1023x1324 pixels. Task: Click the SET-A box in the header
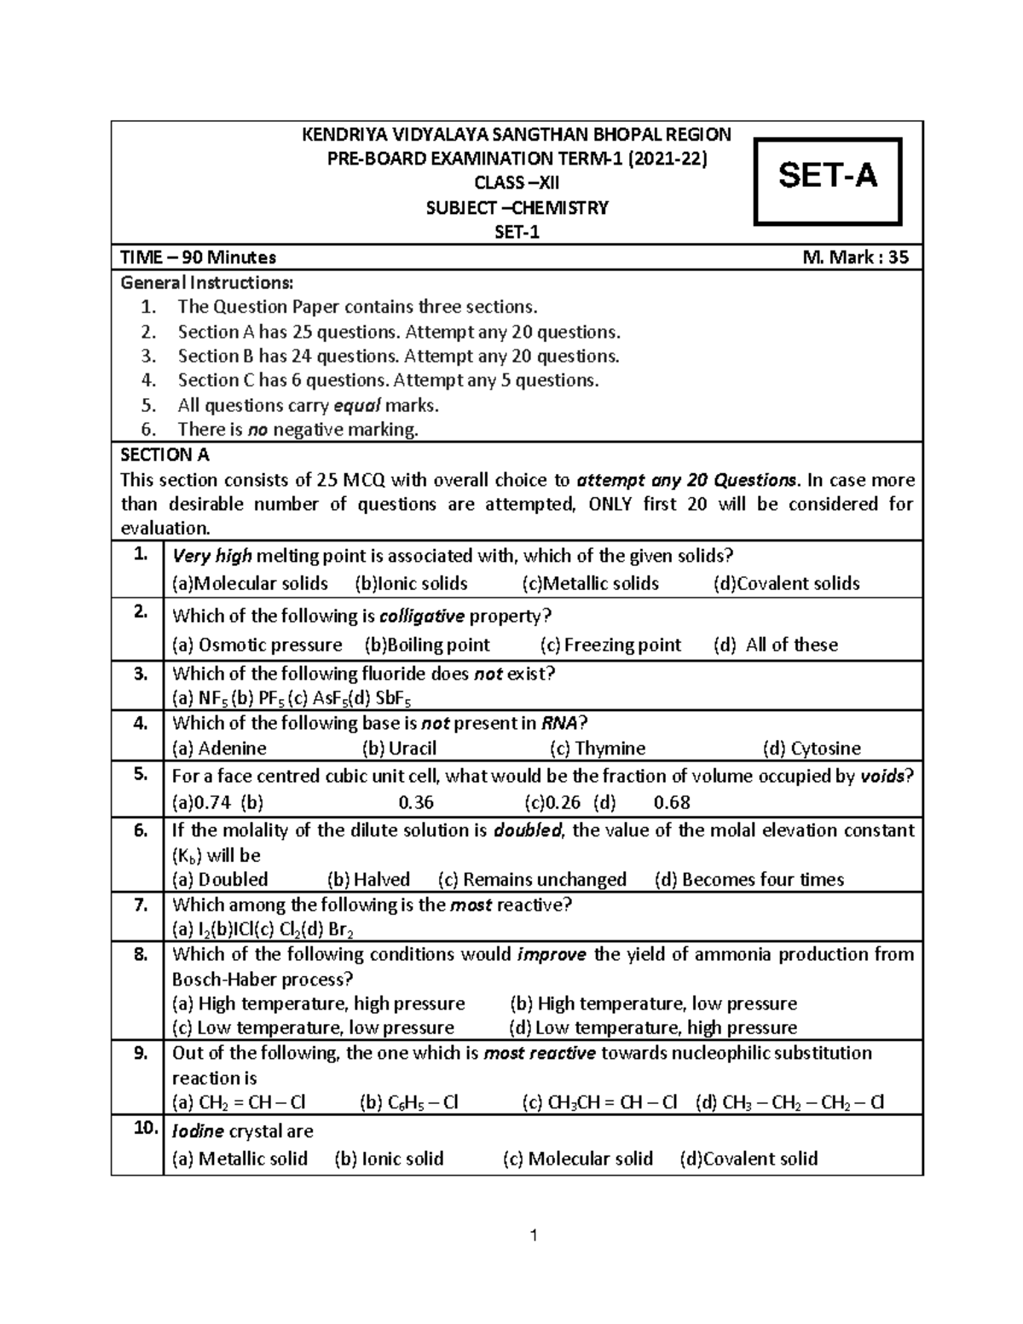click(827, 176)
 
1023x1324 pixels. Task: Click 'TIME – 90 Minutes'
click(198, 257)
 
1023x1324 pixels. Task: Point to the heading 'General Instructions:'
click(207, 281)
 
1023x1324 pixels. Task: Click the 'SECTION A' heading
click(165, 454)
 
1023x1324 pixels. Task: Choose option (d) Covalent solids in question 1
click(786, 583)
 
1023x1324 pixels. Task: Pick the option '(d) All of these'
click(775, 645)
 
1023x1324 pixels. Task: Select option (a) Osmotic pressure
click(257, 645)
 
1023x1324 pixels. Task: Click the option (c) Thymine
click(598, 748)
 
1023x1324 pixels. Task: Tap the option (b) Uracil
click(399, 748)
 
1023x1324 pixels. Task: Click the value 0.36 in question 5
click(416, 802)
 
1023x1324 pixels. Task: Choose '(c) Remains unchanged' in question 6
click(532, 879)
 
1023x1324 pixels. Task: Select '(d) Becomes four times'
click(748, 879)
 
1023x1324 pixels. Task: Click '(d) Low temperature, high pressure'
click(652, 1027)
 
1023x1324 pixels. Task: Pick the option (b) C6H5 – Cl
click(409, 1102)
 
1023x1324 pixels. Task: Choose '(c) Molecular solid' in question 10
click(577, 1159)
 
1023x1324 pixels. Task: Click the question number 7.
click(142, 905)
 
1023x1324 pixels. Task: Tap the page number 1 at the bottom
click(533, 1236)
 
